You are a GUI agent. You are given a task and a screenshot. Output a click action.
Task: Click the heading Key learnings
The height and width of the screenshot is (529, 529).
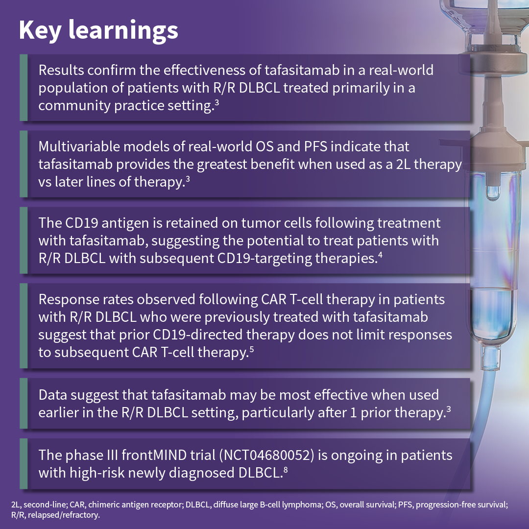98,30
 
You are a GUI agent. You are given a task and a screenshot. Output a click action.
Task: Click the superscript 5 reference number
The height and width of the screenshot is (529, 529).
251,349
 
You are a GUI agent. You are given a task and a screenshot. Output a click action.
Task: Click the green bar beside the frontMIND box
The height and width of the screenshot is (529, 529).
23,464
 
